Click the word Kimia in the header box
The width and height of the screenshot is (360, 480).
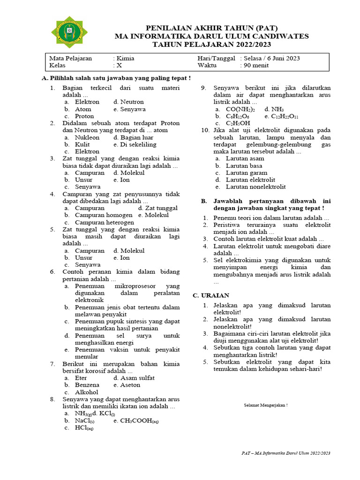[125, 59]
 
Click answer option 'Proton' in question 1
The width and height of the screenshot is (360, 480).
[84, 116]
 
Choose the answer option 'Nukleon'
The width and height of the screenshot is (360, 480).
[87, 138]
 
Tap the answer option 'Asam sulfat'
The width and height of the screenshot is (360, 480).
[137, 378]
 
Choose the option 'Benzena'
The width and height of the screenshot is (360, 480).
[87, 385]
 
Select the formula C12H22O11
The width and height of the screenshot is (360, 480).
[285, 116]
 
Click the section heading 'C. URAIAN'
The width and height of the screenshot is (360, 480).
[211, 295]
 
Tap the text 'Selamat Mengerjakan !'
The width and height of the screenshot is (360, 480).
[266, 405]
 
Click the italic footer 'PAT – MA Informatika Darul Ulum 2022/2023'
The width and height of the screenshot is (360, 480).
[286, 453]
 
